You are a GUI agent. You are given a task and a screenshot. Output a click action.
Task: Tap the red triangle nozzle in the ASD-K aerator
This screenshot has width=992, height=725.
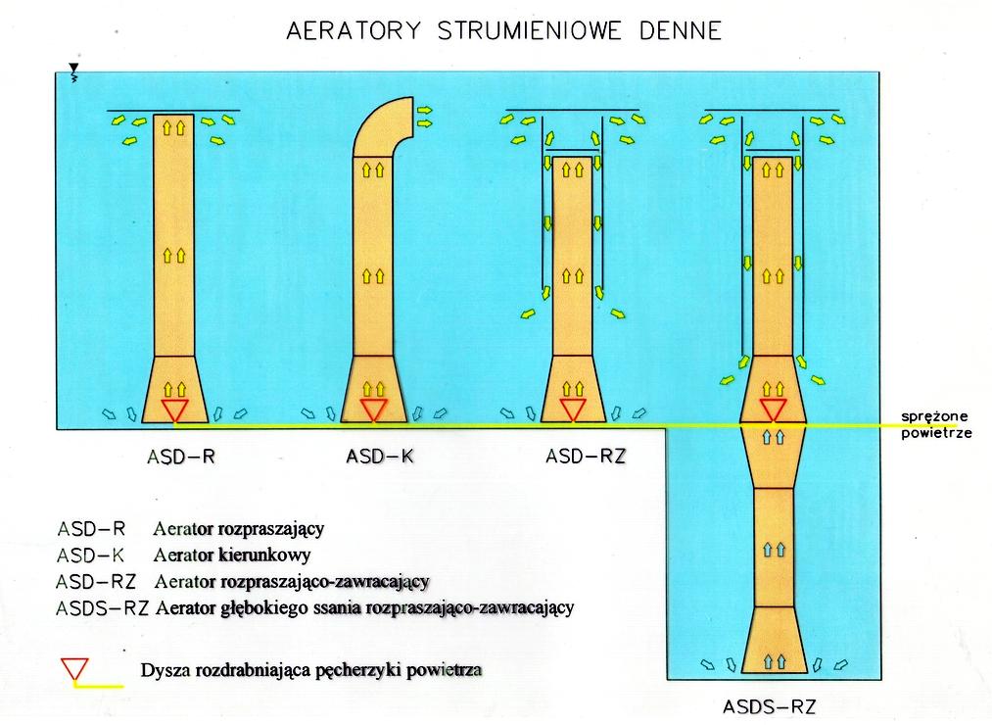374,410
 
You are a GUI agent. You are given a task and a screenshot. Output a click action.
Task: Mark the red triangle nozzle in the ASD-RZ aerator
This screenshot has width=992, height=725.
573,410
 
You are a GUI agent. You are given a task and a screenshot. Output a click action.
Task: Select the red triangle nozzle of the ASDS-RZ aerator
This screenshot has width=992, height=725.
774,410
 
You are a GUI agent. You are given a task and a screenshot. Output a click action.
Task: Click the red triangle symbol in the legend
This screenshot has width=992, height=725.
74,670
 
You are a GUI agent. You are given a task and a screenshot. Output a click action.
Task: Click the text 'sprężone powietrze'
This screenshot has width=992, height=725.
935,426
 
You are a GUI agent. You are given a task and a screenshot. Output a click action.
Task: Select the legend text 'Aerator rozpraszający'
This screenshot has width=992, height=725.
238,529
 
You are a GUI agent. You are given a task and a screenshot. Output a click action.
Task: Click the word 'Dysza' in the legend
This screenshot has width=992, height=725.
164,671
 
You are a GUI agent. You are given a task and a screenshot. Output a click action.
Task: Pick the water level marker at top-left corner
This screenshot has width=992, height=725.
73,69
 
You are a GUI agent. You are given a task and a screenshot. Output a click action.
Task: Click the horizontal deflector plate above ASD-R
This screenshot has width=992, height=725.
174,109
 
